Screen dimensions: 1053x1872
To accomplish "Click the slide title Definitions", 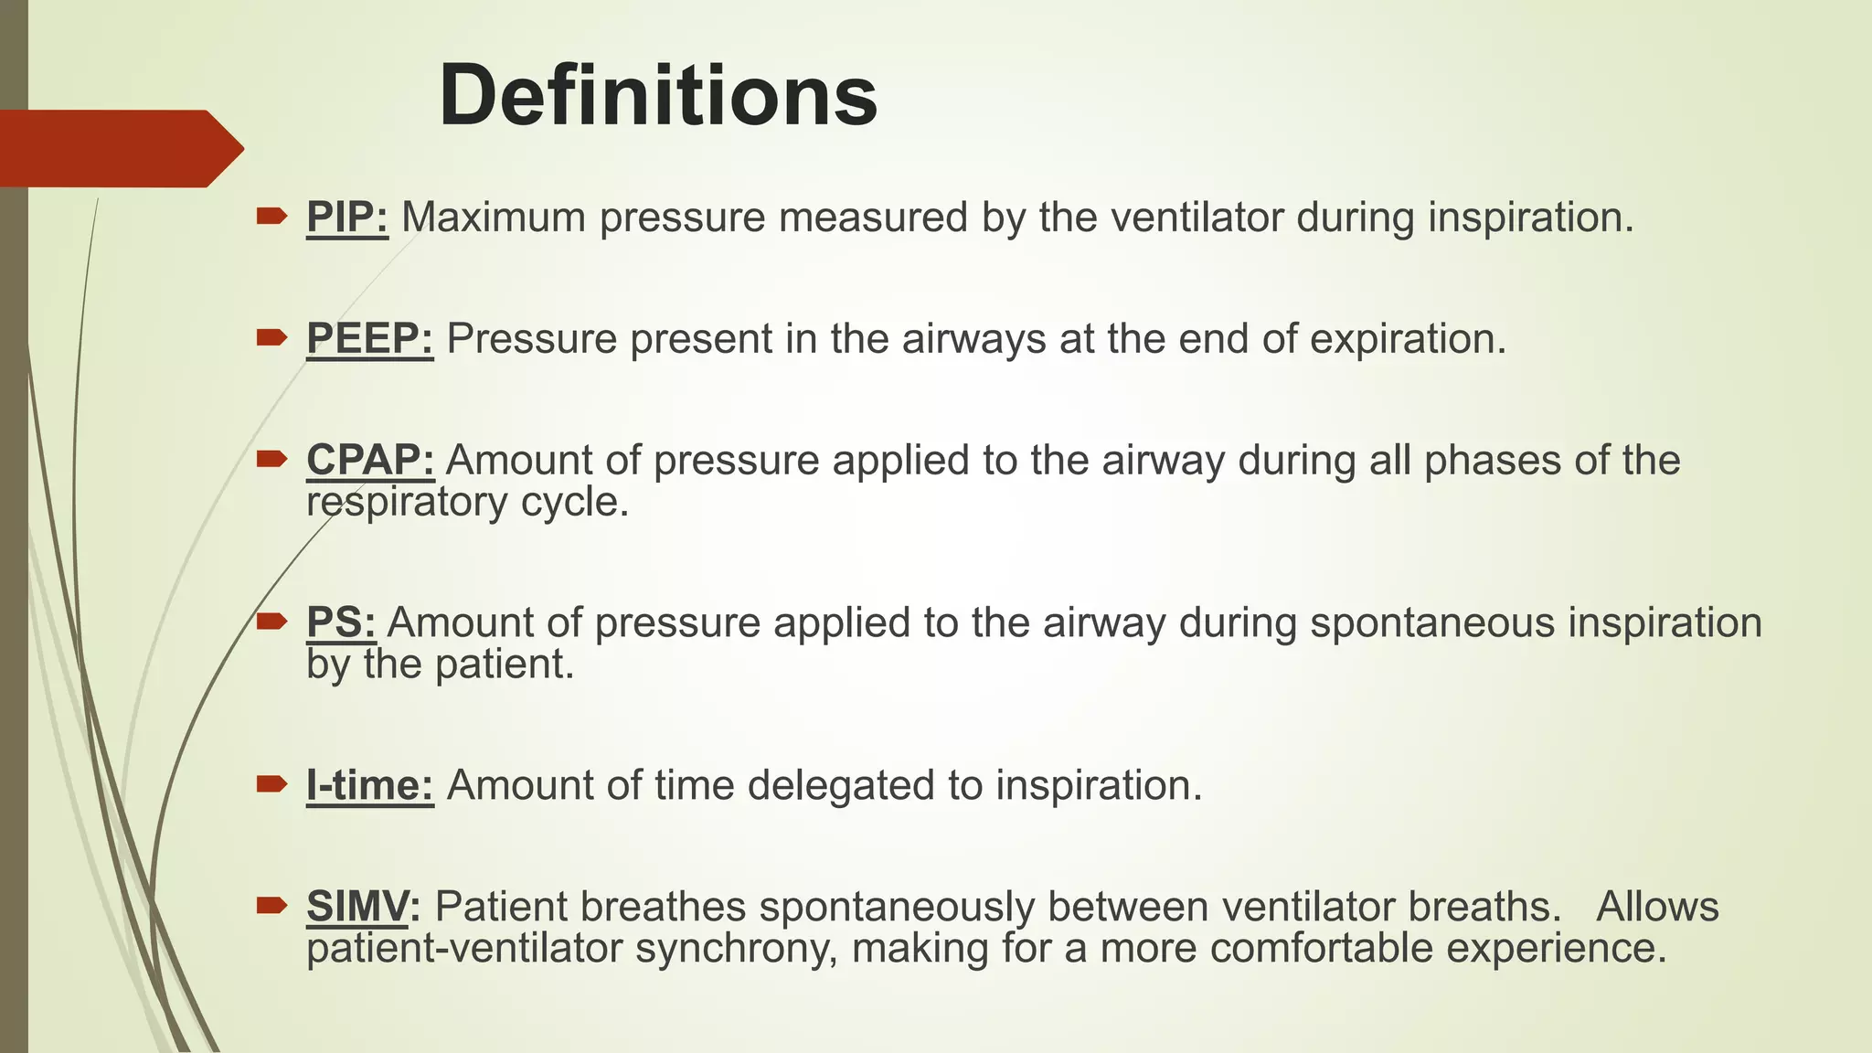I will coord(658,97).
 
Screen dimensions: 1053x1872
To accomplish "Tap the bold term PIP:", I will coord(347,218).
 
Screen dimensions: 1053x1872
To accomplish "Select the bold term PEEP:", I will coord(369,339).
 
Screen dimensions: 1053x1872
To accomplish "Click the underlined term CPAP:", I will coord(370,460).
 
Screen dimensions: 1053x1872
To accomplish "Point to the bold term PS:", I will coord(341,622).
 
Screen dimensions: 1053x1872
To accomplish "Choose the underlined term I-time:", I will coord(369,785).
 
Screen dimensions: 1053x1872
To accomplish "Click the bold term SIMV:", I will coord(363,907).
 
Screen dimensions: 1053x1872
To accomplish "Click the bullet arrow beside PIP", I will coord(271,217).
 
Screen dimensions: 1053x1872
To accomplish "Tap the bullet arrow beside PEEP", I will coord(271,338).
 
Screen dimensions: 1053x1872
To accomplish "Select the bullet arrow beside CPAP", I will coord(271,459).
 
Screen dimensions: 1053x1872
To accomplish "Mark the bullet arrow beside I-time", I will coord(271,784).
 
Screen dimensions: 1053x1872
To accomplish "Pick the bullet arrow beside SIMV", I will coord(271,906).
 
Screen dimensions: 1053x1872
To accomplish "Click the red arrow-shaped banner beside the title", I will coord(119,148).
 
